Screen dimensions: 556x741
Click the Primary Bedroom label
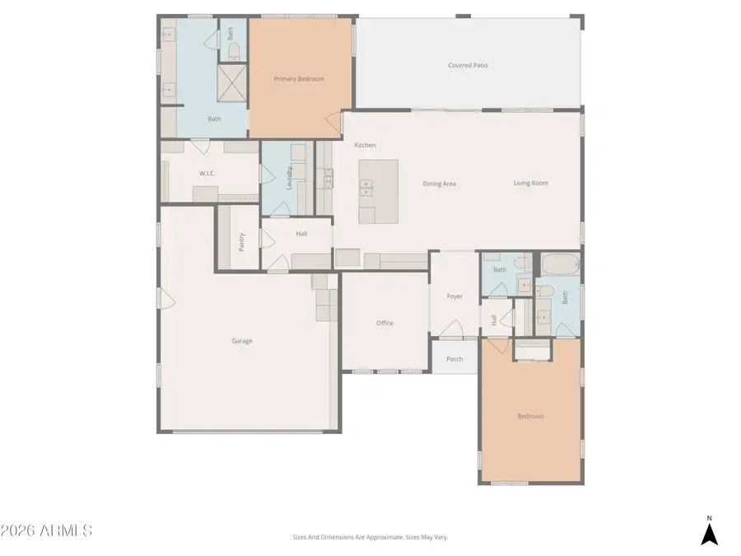(299, 79)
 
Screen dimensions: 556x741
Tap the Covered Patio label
(468, 65)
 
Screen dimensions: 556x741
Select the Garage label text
(241, 341)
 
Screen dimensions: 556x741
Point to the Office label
(384, 323)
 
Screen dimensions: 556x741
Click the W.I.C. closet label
(207, 174)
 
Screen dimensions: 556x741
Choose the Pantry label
(241, 241)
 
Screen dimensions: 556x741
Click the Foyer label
(454, 297)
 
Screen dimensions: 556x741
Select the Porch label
(454, 359)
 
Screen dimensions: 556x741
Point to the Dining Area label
(439, 184)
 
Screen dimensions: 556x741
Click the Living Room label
(531, 184)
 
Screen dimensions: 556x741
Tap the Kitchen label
(365, 145)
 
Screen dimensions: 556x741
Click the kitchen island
(378, 191)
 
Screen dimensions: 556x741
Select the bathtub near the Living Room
(560, 265)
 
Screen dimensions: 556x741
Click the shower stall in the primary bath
(232, 83)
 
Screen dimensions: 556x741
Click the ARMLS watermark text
(47, 530)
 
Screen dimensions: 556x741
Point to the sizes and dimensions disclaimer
(370, 537)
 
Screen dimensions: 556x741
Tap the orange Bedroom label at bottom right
(530, 417)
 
